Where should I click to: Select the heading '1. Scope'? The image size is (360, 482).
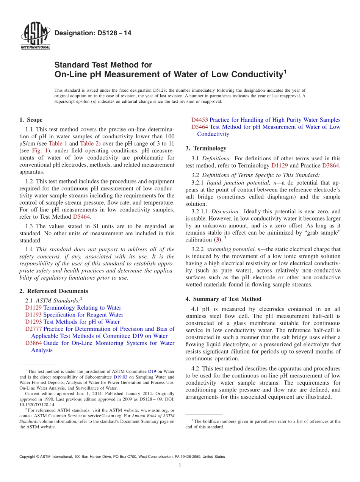click(x=31, y=120)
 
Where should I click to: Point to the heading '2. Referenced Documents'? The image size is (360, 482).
click(x=53, y=291)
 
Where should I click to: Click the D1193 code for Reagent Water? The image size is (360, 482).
click(x=33, y=315)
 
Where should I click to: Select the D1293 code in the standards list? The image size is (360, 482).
click(x=33, y=322)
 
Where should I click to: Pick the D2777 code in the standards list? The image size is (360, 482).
click(x=33, y=329)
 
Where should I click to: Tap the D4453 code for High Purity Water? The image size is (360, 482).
click(x=199, y=120)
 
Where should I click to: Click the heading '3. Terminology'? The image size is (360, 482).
click(x=206, y=148)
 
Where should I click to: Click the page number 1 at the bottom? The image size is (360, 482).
click(x=180, y=465)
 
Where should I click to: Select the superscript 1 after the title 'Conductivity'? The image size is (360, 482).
click(x=285, y=70)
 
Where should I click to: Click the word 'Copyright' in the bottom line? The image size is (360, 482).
click(x=28, y=457)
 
